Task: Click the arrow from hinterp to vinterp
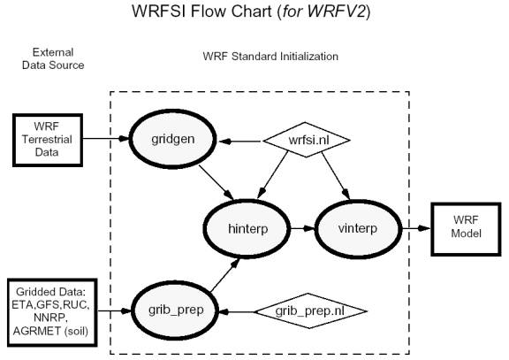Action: coord(302,229)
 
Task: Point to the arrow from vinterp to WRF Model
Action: coord(416,228)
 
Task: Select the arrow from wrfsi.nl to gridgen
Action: coord(239,142)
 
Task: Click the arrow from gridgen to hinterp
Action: coord(217,182)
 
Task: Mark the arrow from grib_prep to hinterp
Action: coord(225,275)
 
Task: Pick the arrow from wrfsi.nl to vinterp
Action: coord(336,175)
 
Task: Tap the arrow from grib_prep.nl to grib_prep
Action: coord(236,312)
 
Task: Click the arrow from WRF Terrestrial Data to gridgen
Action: coord(106,139)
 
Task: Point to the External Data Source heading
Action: coord(53,58)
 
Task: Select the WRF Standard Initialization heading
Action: coord(270,57)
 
